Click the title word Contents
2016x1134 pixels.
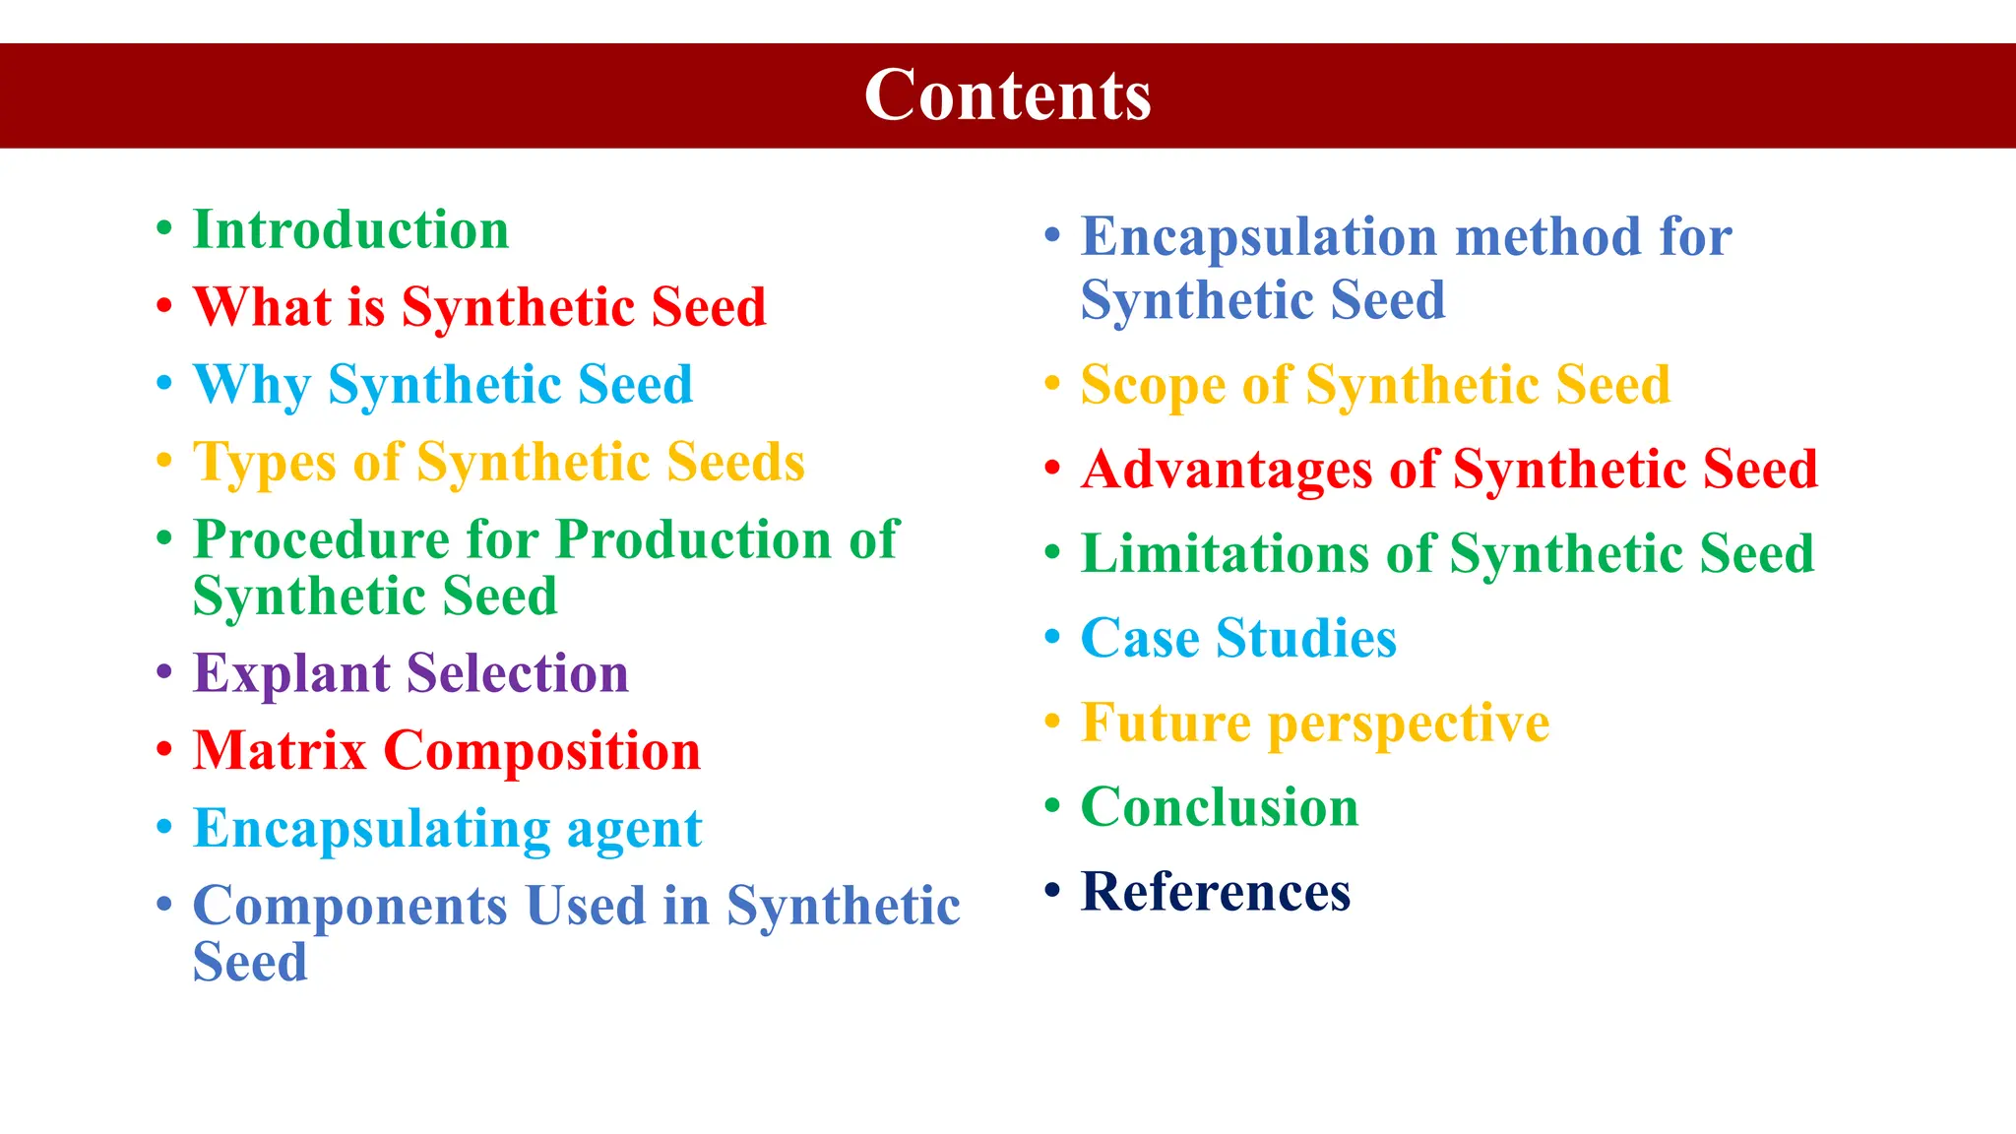pos(1007,95)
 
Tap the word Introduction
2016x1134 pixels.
pos(350,230)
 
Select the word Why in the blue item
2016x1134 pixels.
pos(252,385)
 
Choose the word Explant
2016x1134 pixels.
pos(291,674)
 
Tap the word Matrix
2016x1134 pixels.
pos(280,751)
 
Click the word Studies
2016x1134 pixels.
pos(1306,638)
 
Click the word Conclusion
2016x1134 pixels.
pos(1219,807)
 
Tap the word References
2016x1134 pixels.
pos(1215,892)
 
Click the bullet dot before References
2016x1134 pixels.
pos(1052,890)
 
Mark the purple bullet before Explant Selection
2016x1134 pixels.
pos(164,672)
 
